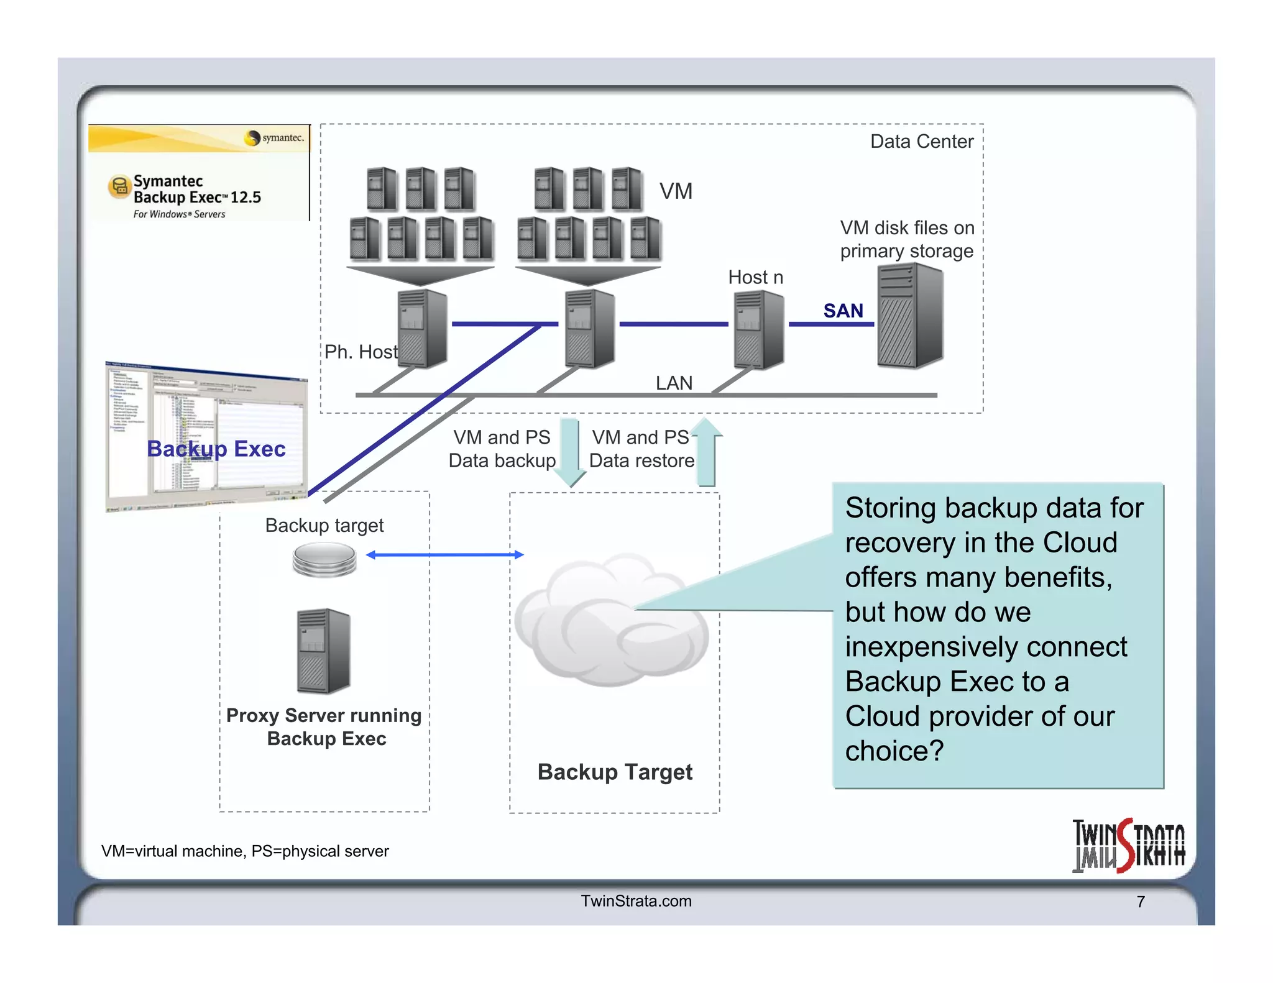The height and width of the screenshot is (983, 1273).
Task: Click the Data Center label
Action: [921, 142]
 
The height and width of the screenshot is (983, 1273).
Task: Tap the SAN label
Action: [843, 311]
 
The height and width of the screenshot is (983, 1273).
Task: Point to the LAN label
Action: [674, 383]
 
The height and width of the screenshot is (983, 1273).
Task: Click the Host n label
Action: [755, 277]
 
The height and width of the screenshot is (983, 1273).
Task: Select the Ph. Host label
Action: [361, 352]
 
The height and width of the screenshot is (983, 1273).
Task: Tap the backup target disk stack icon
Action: [324, 559]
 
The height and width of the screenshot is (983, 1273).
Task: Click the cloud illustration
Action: [612, 621]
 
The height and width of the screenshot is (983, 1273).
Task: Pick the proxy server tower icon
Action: [323, 651]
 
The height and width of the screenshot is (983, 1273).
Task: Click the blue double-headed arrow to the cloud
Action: [445, 554]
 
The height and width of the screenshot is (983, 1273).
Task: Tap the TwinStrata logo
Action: [1128, 846]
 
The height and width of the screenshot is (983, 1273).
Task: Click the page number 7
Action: [1141, 902]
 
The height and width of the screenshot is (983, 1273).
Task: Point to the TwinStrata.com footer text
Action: [636, 901]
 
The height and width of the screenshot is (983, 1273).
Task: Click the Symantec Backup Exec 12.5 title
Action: [197, 190]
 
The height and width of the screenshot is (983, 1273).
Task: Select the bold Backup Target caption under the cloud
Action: [614, 772]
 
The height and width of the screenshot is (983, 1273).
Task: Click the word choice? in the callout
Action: [894, 751]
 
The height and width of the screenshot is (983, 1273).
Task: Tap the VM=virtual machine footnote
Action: [245, 851]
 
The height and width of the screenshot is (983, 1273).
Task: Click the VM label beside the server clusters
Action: [676, 191]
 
